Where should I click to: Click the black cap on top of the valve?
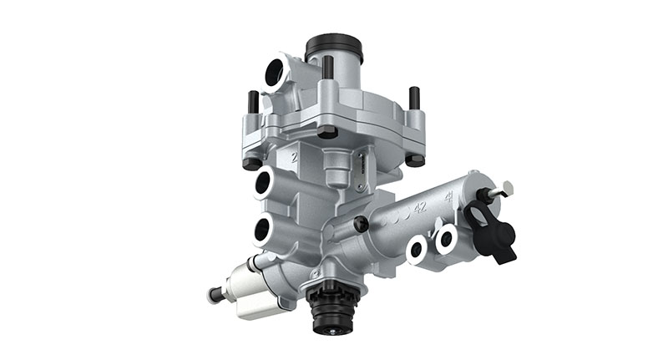(x=335, y=47)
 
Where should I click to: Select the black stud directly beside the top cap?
(x=327, y=68)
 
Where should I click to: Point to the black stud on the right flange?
(x=412, y=98)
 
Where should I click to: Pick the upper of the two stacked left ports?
(x=266, y=181)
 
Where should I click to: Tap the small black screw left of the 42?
(x=359, y=224)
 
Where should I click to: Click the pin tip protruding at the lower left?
(x=212, y=294)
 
